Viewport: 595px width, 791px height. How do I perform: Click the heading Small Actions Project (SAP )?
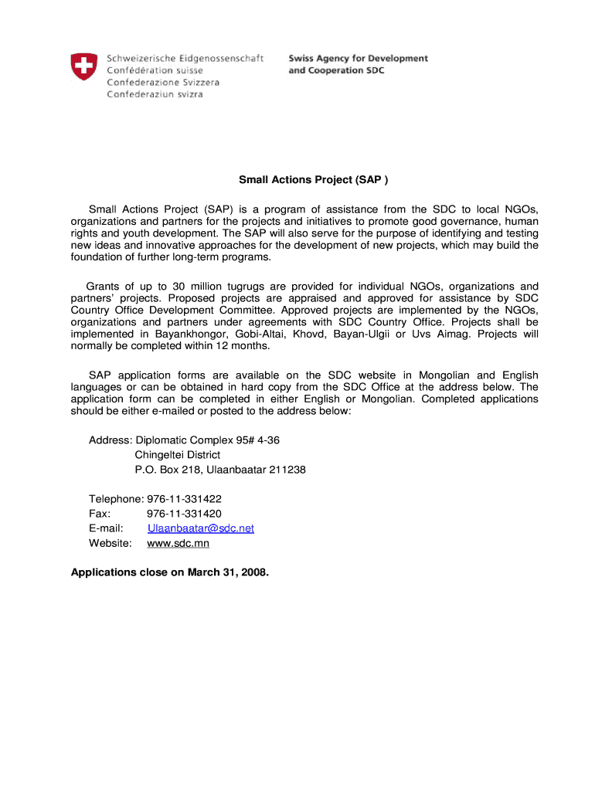pos(308,180)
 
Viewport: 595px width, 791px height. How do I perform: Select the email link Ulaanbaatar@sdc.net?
pos(200,528)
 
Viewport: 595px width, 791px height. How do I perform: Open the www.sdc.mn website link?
pos(178,543)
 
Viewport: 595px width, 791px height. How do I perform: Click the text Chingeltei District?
pos(177,455)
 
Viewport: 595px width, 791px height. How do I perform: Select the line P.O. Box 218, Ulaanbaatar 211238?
pos(219,470)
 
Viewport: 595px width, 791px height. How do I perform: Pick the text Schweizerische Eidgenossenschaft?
pos(185,58)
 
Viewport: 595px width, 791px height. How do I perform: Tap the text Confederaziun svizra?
pos(155,94)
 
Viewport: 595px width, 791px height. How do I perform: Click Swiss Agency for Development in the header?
pos(358,58)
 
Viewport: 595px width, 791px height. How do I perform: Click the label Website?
pos(110,543)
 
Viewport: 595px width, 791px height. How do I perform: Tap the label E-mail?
pos(106,528)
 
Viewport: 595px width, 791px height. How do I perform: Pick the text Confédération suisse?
pos(155,70)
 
